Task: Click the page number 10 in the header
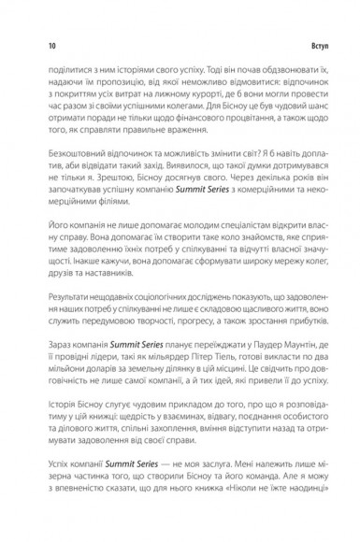pyautogui.click(x=38, y=45)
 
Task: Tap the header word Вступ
pyautogui.click(x=317, y=45)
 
